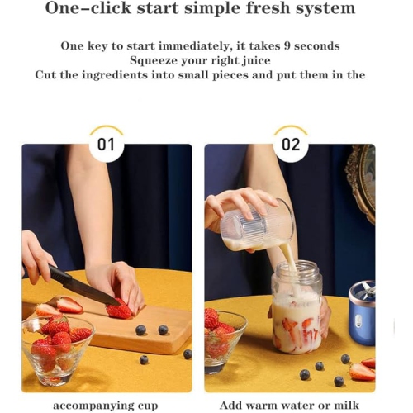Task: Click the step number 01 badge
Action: (106, 145)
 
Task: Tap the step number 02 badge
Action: (290, 145)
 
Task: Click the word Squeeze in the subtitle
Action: (155, 60)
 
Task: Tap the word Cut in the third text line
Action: (46, 75)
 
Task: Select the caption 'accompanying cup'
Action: (105, 406)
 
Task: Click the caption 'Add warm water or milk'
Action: (289, 406)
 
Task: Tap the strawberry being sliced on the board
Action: (120, 310)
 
